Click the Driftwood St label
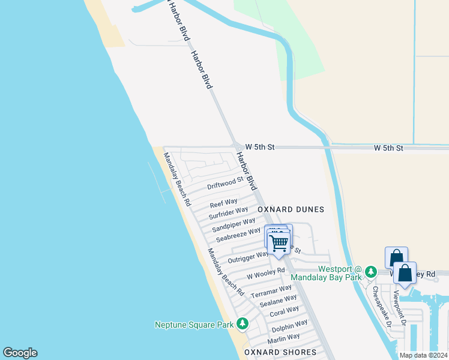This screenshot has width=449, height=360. [x=225, y=182]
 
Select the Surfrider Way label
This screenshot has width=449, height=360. [x=228, y=212]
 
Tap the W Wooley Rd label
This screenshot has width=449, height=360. [x=265, y=274]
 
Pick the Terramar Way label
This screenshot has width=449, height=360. [x=271, y=292]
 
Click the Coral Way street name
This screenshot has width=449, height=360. [x=284, y=312]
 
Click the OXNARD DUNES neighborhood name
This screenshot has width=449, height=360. [x=291, y=209]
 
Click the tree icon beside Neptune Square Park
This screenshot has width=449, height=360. [x=243, y=324]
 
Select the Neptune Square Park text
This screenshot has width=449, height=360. [x=194, y=325]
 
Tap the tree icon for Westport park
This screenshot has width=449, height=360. [x=372, y=271]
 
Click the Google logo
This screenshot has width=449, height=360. [x=20, y=353]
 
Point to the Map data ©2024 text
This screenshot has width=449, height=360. [x=424, y=355]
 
